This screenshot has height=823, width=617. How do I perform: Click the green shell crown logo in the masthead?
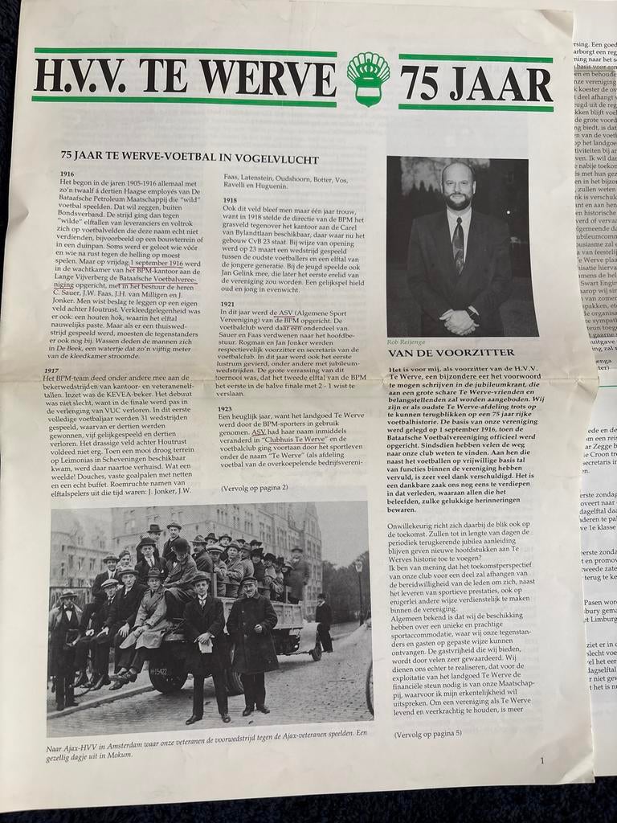click(x=368, y=79)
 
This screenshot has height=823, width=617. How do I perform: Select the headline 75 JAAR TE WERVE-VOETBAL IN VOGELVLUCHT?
click(x=190, y=159)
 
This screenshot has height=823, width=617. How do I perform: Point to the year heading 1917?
click(x=51, y=371)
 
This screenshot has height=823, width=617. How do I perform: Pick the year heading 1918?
click(x=230, y=200)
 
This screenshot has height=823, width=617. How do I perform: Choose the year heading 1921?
click(x=227, y=305)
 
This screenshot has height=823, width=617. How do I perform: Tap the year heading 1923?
click(x=226, y=409)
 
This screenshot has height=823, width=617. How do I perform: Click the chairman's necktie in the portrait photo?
click(x=457, y=244)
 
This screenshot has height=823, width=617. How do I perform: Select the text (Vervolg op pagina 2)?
click(x=254, y=487)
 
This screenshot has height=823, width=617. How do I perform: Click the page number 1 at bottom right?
click(x=541, y=760)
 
